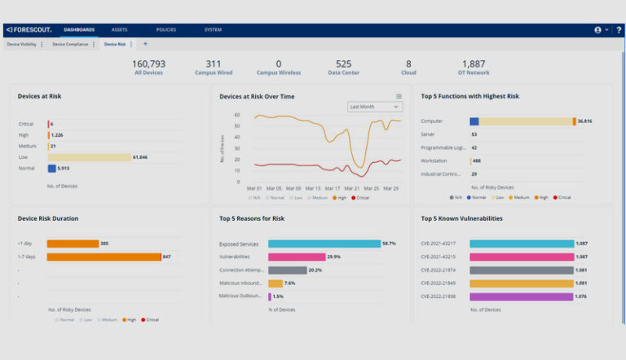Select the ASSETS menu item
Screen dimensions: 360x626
coord(120,30)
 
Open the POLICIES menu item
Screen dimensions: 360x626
coord(165,30)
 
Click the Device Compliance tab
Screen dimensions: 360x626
coord(70,44)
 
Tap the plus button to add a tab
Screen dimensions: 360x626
coord(146,44)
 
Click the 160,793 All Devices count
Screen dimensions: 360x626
coord(148,68)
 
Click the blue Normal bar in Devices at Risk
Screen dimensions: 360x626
coord(51,169)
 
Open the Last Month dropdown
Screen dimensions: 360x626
coord(375,107)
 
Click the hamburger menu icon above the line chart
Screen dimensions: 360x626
coord(399,96)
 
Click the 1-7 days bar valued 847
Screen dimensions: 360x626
coord(104,257)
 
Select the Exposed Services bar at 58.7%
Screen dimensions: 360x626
coord(324,244)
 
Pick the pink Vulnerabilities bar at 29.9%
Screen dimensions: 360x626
coord(296,257)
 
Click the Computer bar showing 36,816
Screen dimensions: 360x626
coord(522,121)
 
